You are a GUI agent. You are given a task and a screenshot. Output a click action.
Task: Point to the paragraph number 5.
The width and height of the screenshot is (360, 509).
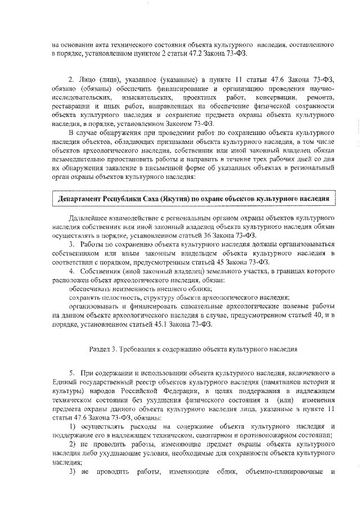(71, 373)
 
